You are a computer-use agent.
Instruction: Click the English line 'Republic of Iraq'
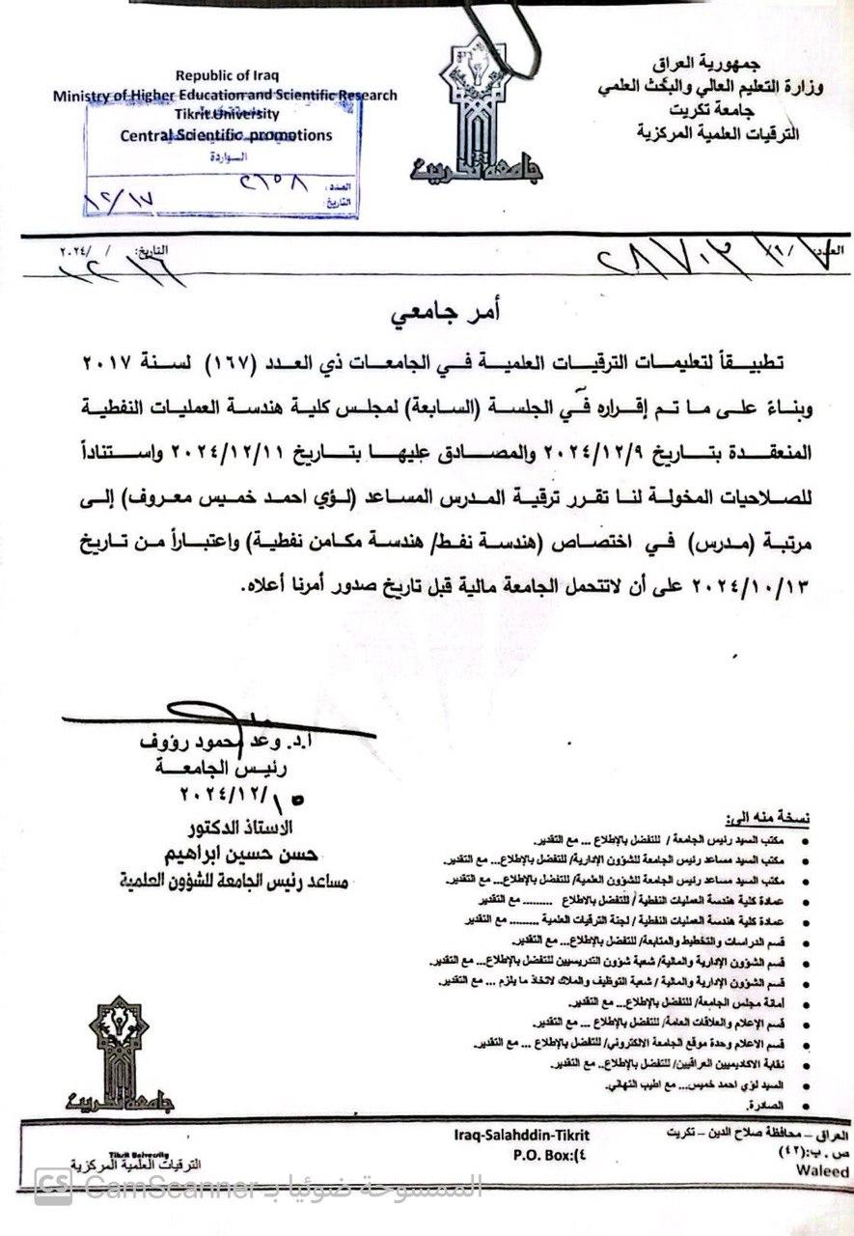click(x=224, y=75)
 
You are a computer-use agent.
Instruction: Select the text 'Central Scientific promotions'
click(x=225, y=136)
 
